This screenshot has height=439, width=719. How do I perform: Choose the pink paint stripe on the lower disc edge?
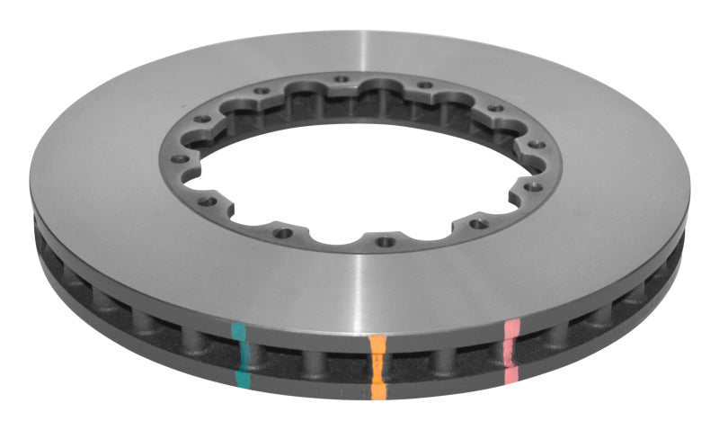tap(512, 371)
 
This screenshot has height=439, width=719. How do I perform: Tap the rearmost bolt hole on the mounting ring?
tap(342, 80)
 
